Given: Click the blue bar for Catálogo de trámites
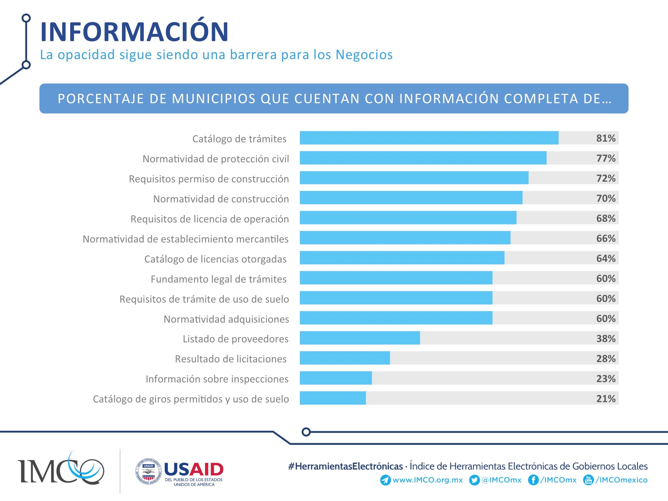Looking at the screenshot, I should click(x=429, y=138).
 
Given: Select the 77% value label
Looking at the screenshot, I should click(x=606, y=158).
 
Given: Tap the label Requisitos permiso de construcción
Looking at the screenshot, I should click(x=209, y=179).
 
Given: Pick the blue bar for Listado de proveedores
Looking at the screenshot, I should click(x=360, y=338).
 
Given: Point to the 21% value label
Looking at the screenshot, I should click(x=606, y=398).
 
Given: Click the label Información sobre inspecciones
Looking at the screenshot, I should click(x=217, y=379).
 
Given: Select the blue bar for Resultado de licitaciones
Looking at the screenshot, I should click(x=345, y=358).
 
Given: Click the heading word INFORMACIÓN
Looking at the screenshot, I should click(x=134, y=32).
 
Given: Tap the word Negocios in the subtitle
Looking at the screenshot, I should click(x=364, y=55).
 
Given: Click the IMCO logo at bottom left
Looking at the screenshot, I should click(x=61, y=469).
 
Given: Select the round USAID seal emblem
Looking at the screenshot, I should click(x=149, y=471).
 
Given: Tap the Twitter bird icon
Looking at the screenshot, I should click(x=474, y=480).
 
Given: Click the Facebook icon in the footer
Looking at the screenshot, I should click(x=533, y=480).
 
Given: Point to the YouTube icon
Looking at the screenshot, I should click(x=588, y=480).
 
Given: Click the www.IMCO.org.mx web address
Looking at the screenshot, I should click(x=428, y=480).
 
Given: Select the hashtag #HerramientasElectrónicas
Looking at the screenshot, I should click(x=345, y=466).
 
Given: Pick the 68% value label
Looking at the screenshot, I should click(x=606, y=218).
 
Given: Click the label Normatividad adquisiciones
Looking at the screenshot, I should click(x=226, y=319).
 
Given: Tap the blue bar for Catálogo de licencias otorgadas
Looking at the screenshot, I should click(x=402, y=258).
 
